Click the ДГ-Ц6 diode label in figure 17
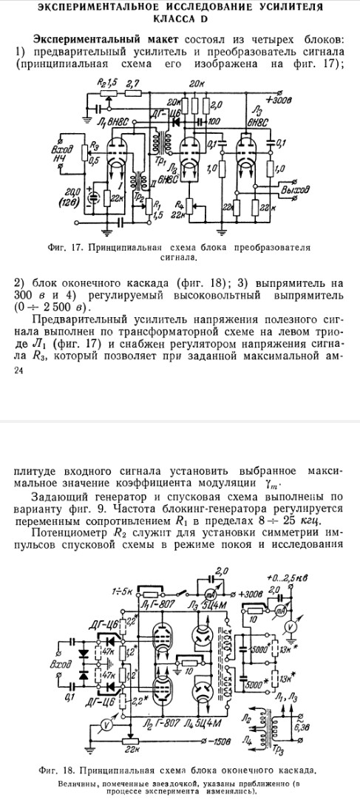(x=161, y=110)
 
